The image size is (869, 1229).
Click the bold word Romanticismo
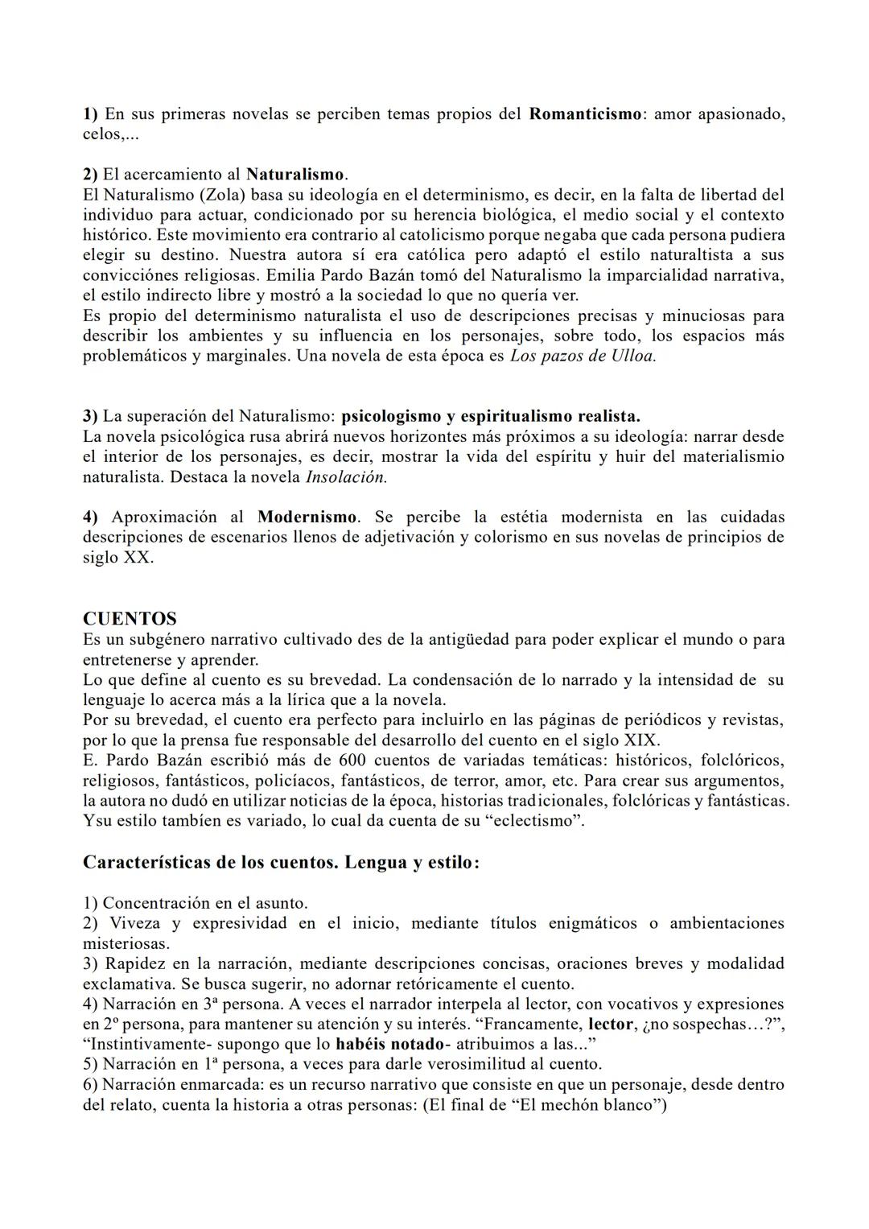[585, 114]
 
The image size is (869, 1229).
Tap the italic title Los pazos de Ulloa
[583, 356]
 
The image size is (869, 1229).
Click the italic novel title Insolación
[346, 477]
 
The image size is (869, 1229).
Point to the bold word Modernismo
[307, 518]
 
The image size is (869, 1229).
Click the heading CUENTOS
[130, 619]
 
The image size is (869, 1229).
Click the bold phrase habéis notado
[389, 1045]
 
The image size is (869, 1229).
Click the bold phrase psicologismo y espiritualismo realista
[490, 417]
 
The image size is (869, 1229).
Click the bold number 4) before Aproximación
[90, 518]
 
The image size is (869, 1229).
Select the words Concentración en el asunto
[204, 904]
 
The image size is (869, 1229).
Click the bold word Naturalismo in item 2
[295, 175]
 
